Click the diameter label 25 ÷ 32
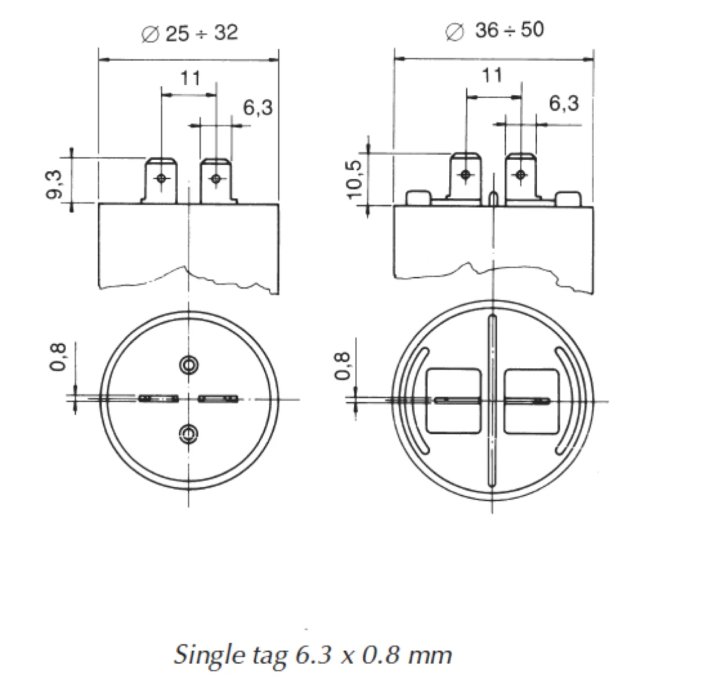pos(189,33)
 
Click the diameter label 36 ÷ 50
pos(495,31)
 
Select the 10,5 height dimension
pos(355,178)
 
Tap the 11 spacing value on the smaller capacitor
pos(189,79)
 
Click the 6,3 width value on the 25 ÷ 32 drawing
pos(258,107)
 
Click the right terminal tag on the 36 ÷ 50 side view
pos(521,176)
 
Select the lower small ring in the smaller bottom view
pos(188,435)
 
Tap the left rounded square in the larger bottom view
pos(453,401)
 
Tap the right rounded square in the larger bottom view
pos(532,401)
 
